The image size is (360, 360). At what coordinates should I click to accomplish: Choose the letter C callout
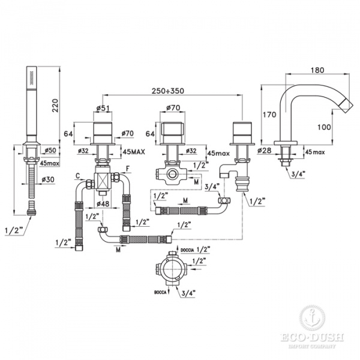pyautogui.click(x=78, y=175)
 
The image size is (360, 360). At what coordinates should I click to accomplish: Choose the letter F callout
pyautogui.click(x=127, y=176)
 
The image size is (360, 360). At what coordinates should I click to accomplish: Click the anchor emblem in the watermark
pyautogui.click(x=310, y=316)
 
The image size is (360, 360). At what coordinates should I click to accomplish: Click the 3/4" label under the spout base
pyautogui.click(x=299, y=175)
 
